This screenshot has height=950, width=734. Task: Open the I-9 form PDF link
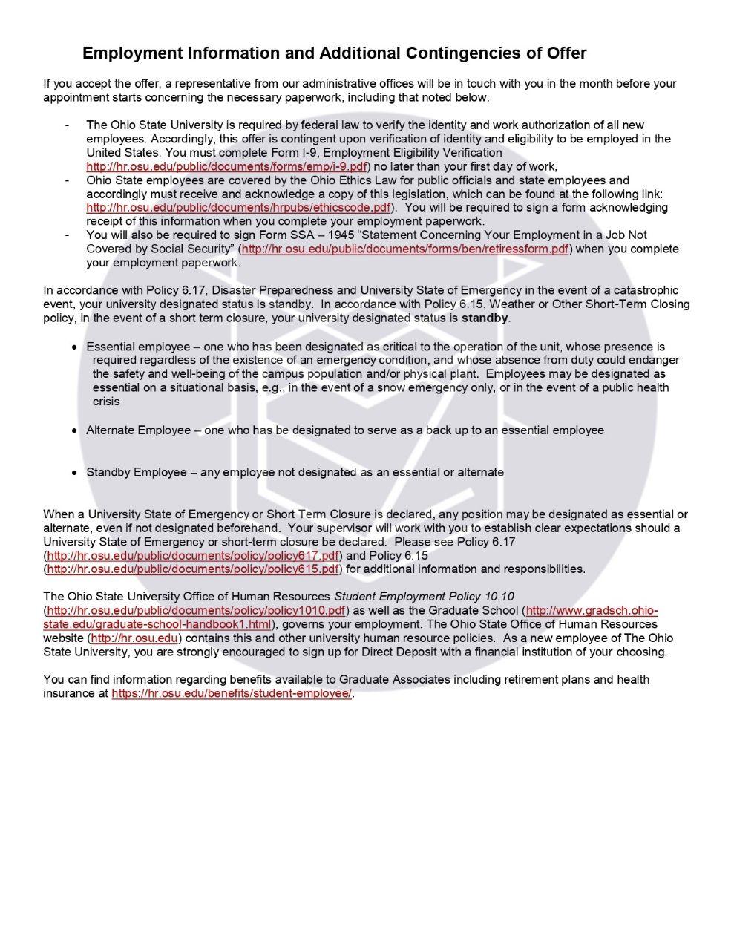(226, 167)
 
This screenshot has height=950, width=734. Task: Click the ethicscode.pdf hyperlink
(238, 208)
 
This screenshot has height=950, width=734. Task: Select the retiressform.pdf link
(405, 249)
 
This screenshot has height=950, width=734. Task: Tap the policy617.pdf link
(193, 556)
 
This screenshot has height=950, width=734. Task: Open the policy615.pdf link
(193, 569)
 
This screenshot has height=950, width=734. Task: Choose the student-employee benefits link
(232, 694)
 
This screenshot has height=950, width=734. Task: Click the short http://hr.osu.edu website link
(134, 638)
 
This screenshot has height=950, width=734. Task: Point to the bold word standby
(485, 318)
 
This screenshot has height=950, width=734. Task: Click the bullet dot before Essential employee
(74, 347)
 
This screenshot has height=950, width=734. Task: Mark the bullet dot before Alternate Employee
(74, 431)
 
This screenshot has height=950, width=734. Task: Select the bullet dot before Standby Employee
(74, 473)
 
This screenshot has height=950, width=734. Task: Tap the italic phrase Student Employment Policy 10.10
(424, 597)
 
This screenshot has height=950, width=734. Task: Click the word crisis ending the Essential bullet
(106, 402)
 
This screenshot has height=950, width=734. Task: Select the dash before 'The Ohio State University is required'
(68, 125)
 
